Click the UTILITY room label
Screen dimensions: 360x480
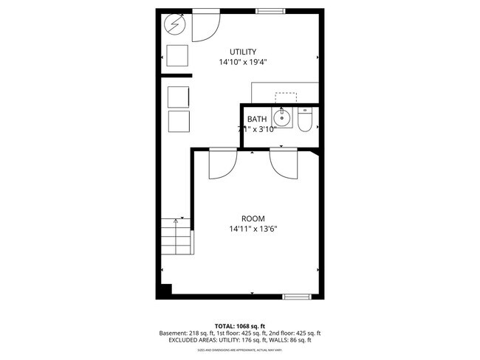coord(242,52)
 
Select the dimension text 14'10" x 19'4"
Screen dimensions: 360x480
coord(242,62)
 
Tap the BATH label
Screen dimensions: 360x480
coord(256,120)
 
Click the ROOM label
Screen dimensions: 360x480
coord(253,218)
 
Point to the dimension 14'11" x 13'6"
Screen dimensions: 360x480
coord(253,229)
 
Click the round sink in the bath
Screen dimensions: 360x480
coord(281,118)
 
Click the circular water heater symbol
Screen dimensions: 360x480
coord(175,26)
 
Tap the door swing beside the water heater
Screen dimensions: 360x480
coord(205,27)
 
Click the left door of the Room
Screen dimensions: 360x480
coord(222,164)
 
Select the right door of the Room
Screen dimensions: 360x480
coord(284,164)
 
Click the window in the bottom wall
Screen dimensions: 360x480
coord(297,297)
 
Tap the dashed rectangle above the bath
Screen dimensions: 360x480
coord(286,97)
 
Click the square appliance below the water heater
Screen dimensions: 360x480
coord(177,56)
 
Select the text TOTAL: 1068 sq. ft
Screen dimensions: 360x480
coord(240,325)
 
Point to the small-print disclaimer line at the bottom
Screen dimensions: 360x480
coord(240,350)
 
